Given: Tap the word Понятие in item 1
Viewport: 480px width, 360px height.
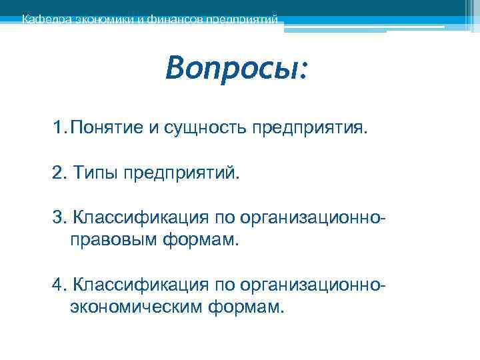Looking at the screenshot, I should pyautogui.click(x=107, y=128).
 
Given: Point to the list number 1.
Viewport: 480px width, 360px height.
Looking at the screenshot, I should pyautogui.click(x=58, y=128).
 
